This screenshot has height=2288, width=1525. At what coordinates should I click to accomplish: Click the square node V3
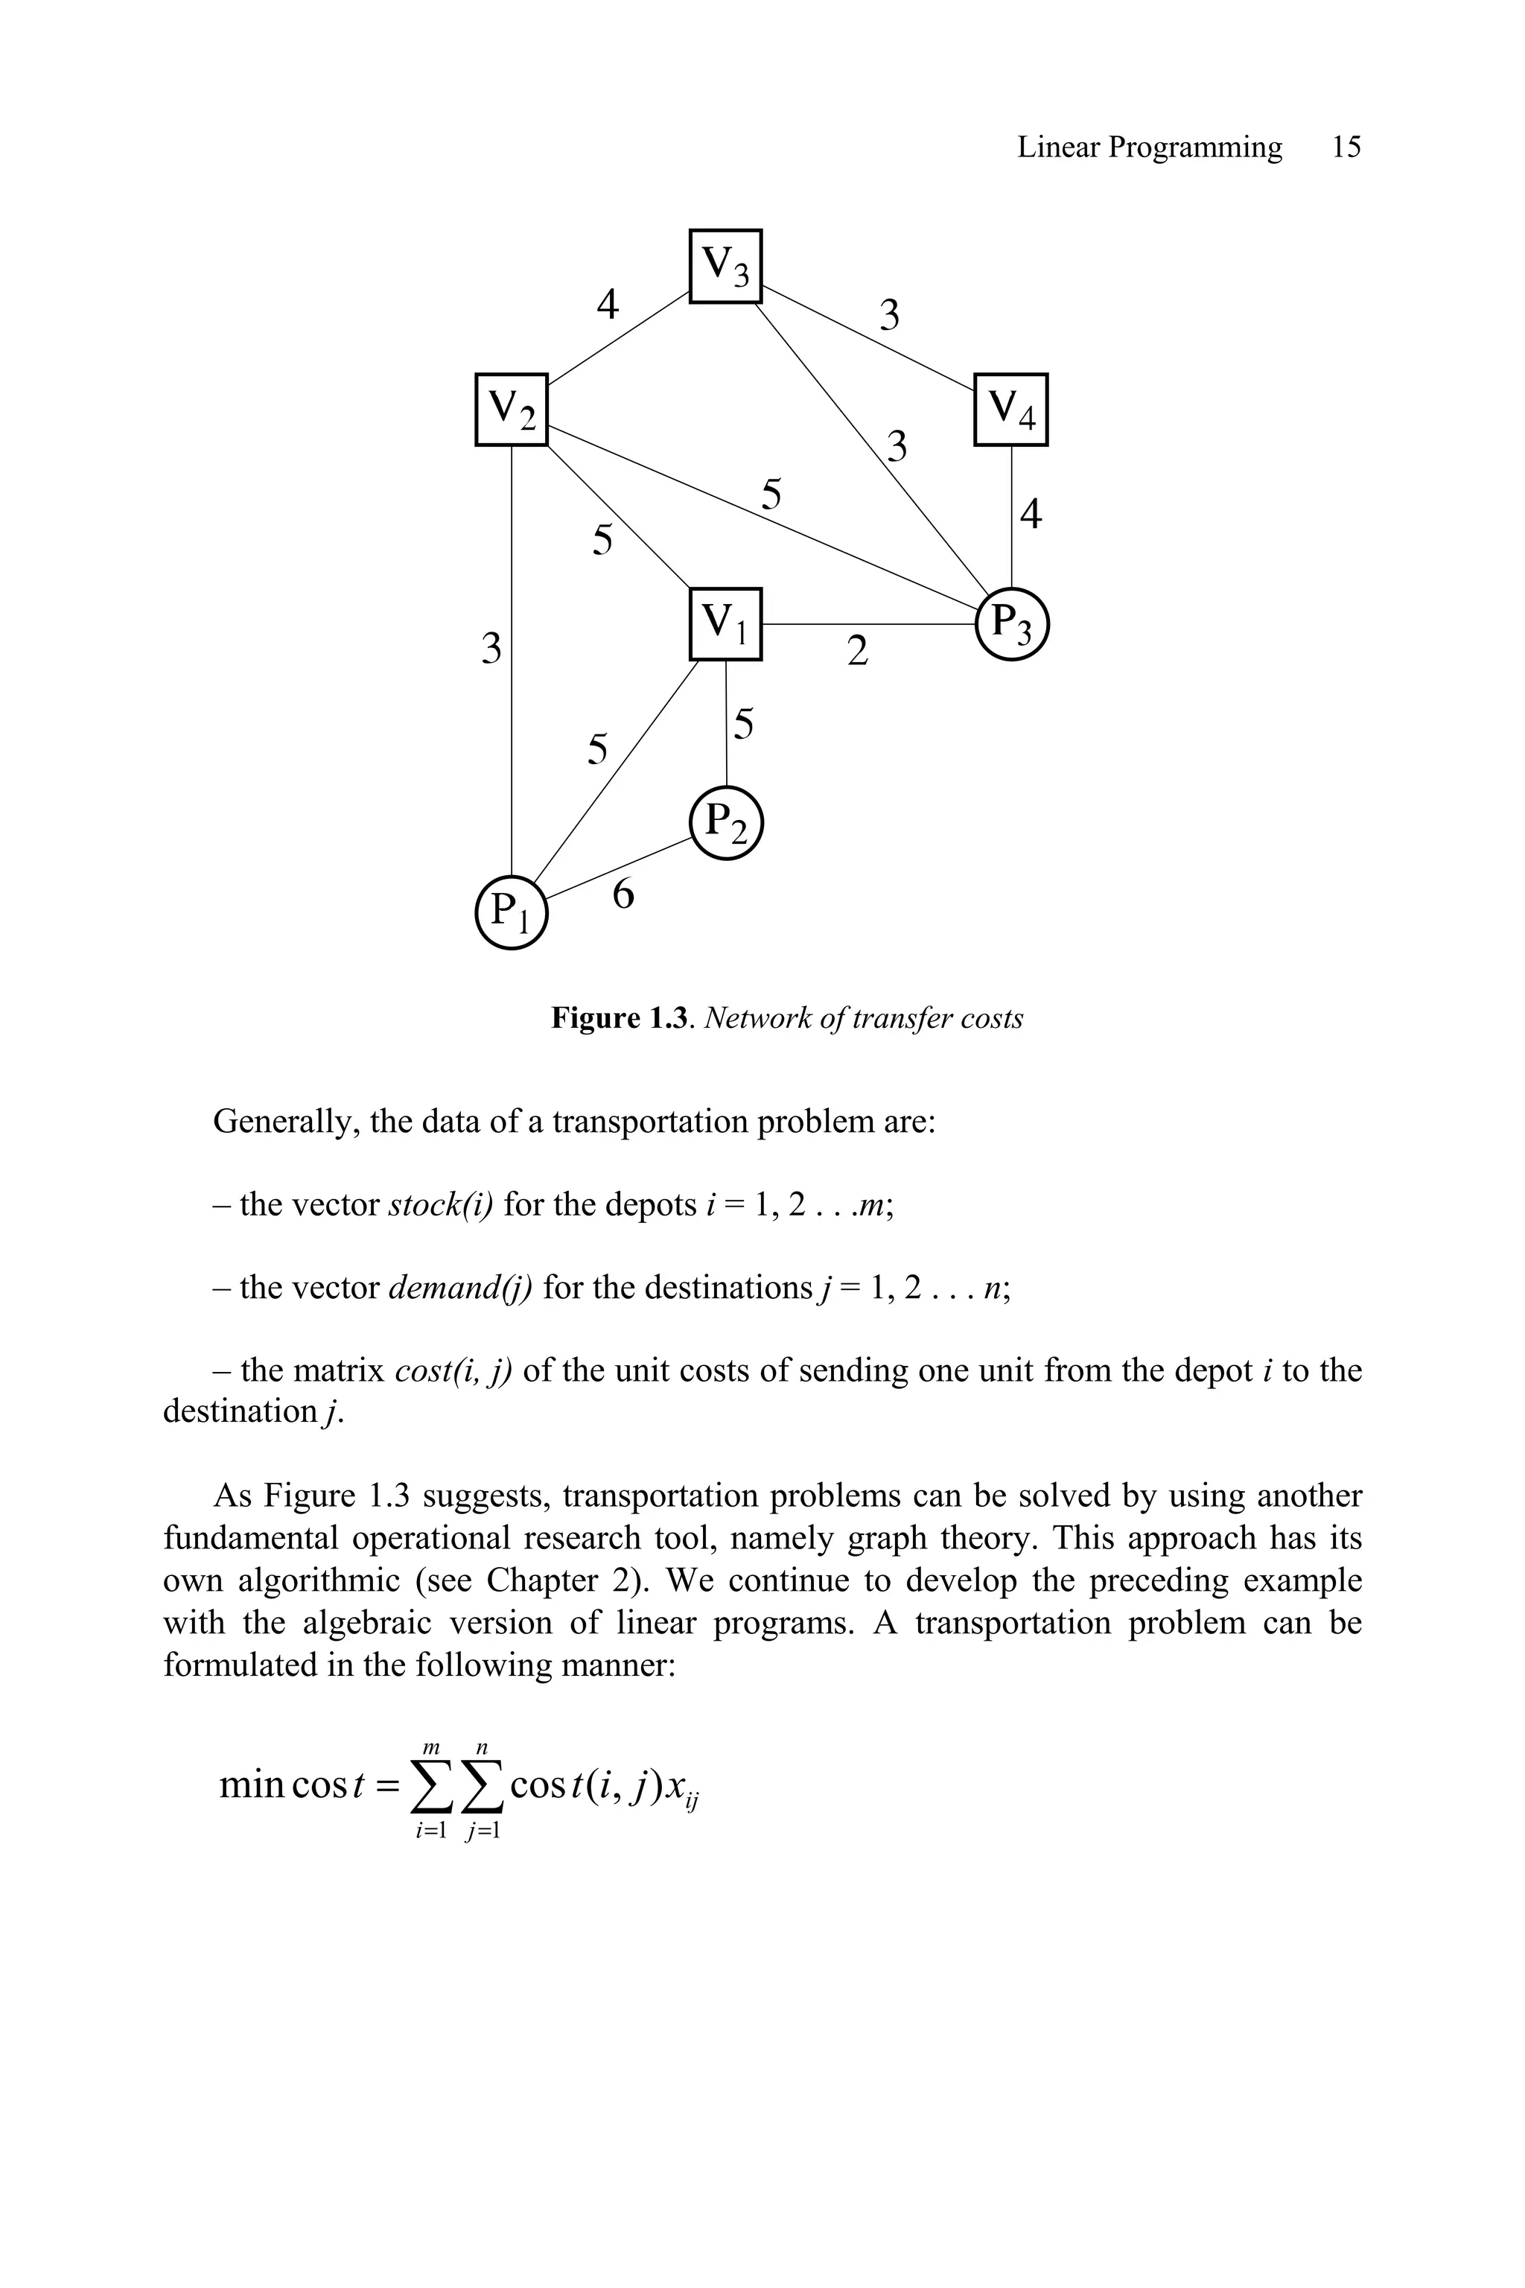[725, 266]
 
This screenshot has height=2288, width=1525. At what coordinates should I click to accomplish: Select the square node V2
[512, 409]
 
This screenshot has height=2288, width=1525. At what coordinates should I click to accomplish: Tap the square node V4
[1011, 409]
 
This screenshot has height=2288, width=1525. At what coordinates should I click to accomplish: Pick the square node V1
[725, 623]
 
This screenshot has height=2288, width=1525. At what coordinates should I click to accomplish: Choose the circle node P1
[512, 912]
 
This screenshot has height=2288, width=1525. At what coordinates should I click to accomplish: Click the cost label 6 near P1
[623, 894]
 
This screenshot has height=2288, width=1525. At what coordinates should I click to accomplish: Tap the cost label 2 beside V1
[857, 651]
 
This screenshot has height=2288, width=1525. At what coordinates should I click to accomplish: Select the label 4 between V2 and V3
[607, 305]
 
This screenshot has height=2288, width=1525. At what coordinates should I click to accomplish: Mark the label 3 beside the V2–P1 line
[492, 648]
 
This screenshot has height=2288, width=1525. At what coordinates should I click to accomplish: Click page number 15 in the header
[1346, 148]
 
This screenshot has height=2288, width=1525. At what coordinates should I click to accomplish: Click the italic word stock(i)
[441, 1204]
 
